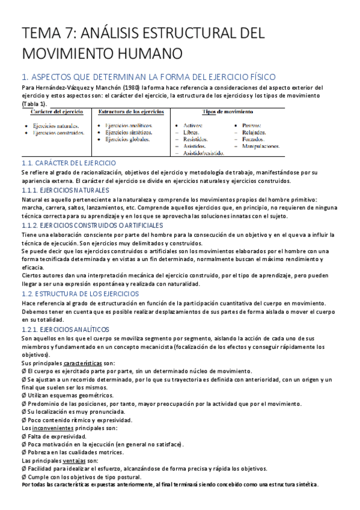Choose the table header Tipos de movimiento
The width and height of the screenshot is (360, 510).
tap(228, 112)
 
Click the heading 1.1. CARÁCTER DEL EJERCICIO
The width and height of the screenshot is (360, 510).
tap(69, 163)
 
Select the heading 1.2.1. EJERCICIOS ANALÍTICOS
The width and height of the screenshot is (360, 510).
tap(65, 330)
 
